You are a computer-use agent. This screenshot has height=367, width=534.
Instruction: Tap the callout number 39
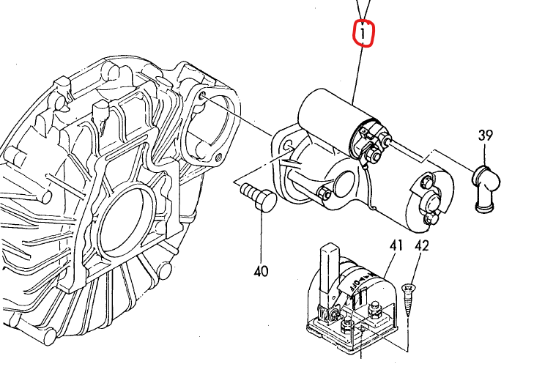[485, 135]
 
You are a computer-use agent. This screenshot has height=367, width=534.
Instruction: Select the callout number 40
[261, 271]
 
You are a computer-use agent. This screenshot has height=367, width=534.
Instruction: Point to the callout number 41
[397, 246]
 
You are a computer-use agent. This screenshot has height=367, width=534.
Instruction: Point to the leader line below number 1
[358, 73]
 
